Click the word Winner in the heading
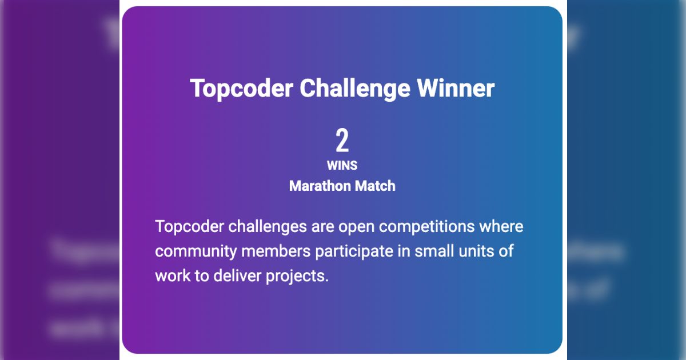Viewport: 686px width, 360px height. (456, 88)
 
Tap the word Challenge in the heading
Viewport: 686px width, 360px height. (354, 89)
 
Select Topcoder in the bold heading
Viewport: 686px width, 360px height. (241, 89)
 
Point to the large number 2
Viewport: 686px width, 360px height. (342, 141)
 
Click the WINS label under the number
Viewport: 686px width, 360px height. (342, 166)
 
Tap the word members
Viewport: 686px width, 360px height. (276, 251)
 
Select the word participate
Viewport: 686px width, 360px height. (354, 252)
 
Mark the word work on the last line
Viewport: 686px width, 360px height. (173, 276)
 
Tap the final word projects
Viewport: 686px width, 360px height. (297, 277)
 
